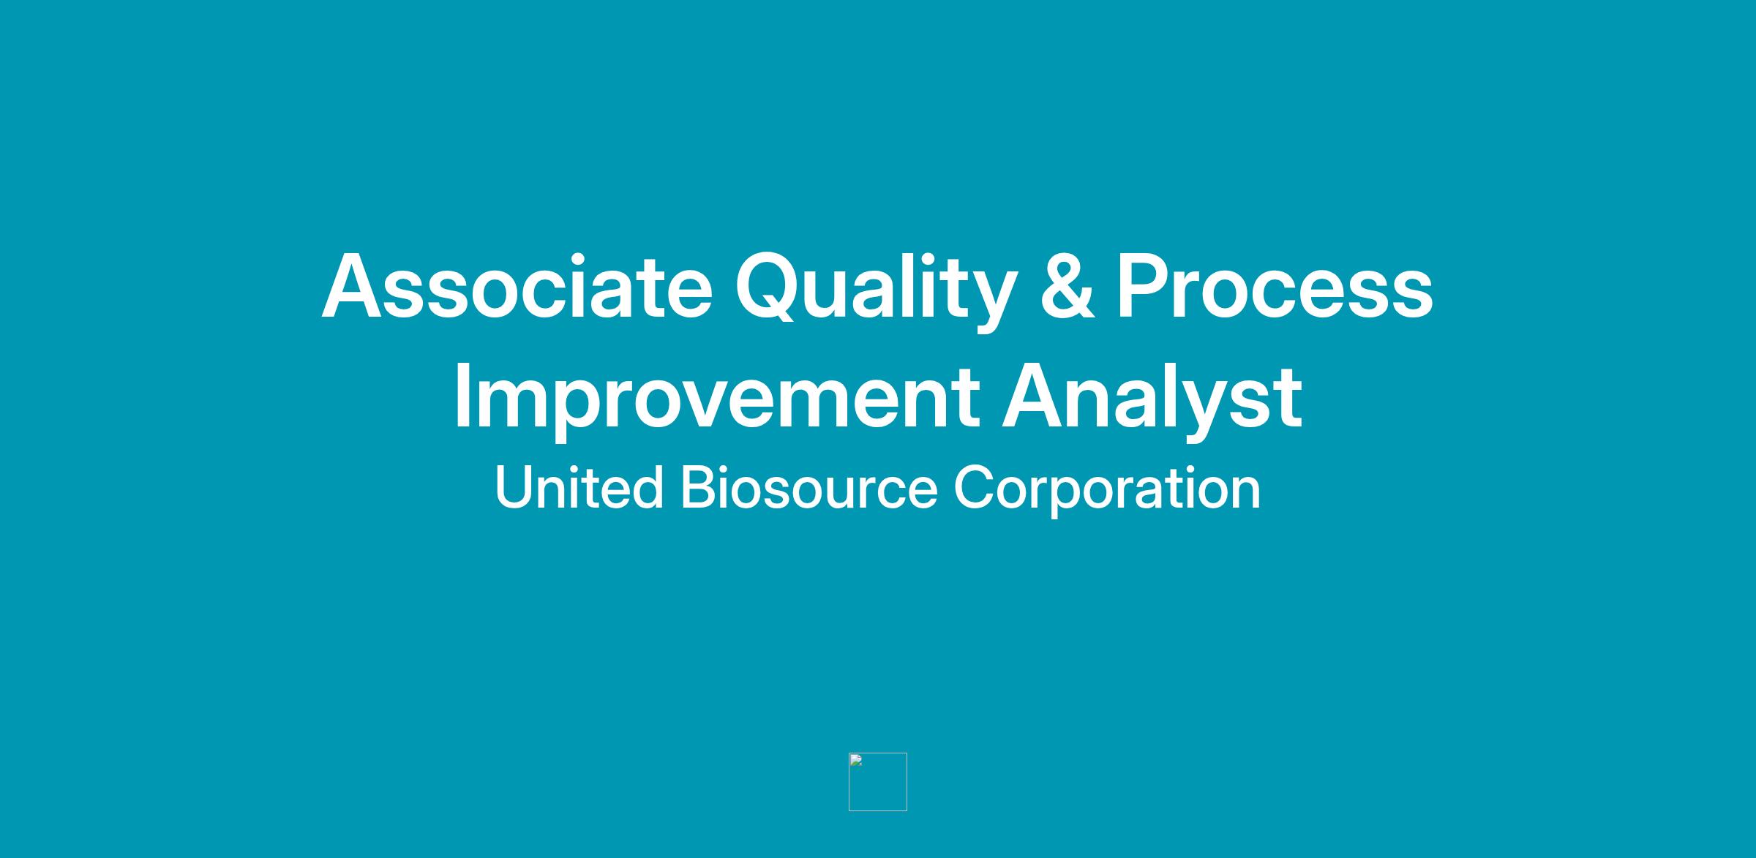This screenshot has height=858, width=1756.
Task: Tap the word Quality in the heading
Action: (x=876, y=292)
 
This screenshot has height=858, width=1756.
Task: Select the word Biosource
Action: (x=809, y=487)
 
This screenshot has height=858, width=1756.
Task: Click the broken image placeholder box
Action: (x=877, y=782)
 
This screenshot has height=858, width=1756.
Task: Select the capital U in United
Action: (x=515, y=487)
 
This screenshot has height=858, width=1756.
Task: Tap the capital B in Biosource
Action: (x=698, y=487)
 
